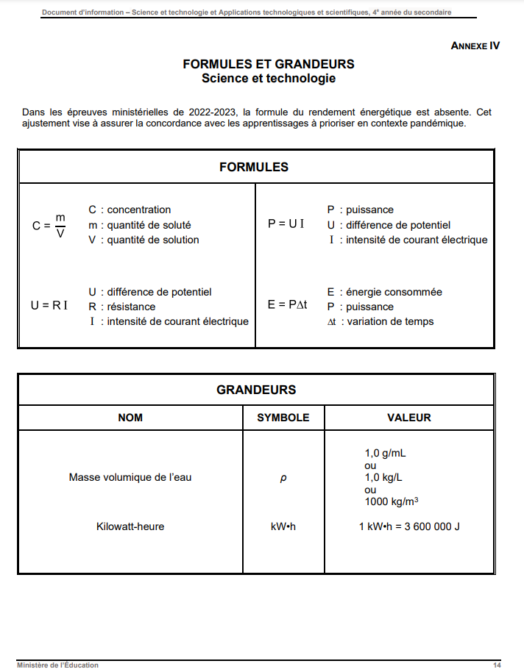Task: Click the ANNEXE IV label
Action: (475, 46)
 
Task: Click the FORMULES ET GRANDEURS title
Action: (269, 65)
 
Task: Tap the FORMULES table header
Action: (254, 167)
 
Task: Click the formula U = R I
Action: (49, 304)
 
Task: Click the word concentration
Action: (139, 210)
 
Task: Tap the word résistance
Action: (132, 307)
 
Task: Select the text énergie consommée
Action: (394, 292)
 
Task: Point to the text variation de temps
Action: (390, 321)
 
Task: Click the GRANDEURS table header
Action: (256, 390)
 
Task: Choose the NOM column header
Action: (130, 418)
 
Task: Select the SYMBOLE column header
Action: (283, 418)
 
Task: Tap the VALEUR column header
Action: (409, 418)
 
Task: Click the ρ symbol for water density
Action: (283, 478)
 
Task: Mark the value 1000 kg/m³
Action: (392, 501)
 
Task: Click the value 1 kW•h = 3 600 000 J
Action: (409, 526)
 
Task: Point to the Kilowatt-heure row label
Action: (130, 526)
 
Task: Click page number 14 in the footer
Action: (498, 665)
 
